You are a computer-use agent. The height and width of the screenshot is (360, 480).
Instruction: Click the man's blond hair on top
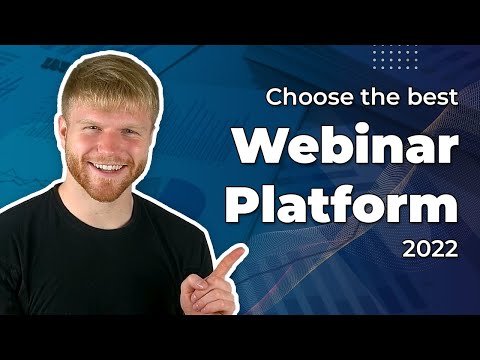pyautogui.click(x=108, y=75)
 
